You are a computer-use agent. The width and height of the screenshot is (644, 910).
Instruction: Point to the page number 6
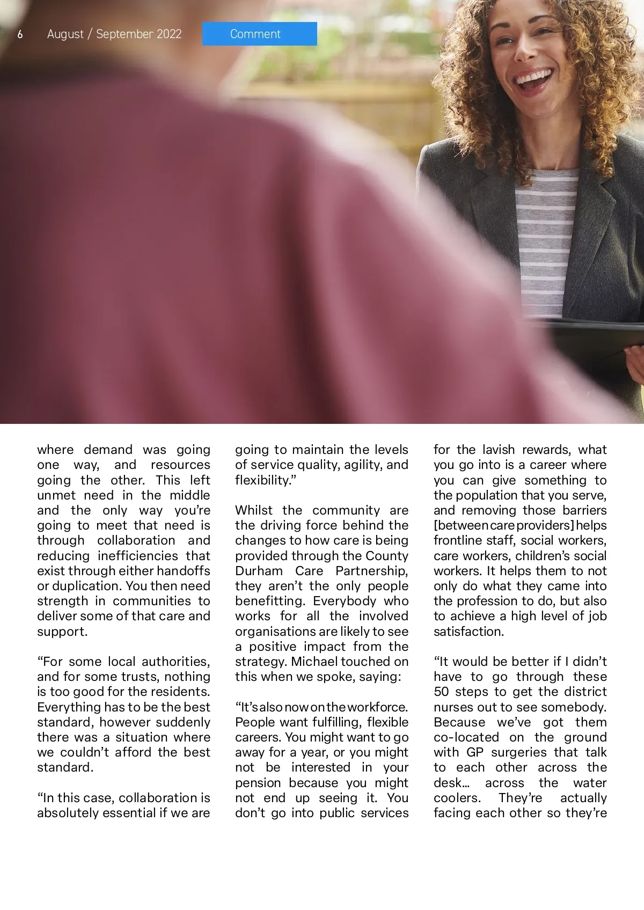point(20,34)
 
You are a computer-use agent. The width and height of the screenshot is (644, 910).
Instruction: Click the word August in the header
point(65,34)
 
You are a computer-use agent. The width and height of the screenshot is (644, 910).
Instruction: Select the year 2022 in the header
point(169,34)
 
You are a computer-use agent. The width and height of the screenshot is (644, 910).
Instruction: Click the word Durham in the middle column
point(259,571)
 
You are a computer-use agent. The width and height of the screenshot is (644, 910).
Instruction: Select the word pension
point(258,783)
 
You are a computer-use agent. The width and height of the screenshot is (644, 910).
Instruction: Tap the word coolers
point(457,798)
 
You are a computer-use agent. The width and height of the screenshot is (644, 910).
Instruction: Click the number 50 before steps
point(441,692)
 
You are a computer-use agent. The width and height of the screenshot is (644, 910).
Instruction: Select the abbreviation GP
point(475,752)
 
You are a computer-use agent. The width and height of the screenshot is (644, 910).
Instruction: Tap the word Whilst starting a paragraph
point(253,510)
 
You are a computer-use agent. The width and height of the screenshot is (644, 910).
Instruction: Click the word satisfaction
point(468,632)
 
